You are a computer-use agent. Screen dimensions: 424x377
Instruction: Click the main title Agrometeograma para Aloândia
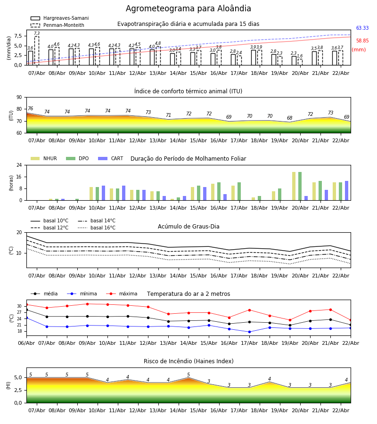tap(188, 9)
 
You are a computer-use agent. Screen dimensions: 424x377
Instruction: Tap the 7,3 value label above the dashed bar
tap(37, 34)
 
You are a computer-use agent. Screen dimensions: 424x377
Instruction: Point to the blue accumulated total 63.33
tap(362, 28)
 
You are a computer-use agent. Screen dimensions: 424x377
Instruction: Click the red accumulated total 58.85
tap(362, 41)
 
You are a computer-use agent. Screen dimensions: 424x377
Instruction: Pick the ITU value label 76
tap(30, 109)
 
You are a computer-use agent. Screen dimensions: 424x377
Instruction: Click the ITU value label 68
tap(290, 118)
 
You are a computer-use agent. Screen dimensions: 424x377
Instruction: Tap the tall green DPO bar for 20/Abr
tap(300, 186)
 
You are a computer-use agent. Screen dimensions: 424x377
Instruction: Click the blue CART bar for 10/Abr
tap(104, 193)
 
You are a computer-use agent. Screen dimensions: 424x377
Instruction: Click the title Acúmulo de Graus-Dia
tap(188, 227)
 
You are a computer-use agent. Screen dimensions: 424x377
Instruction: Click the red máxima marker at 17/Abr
tap(249, 310)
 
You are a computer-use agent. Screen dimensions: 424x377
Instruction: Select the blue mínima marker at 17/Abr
tap(249, 332)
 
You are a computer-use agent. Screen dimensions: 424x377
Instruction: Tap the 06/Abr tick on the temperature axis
tap(26, 343)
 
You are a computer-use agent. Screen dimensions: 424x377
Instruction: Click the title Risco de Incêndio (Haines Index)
tap(188, 361)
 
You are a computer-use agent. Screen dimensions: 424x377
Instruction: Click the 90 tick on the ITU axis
tap(19, 98)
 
